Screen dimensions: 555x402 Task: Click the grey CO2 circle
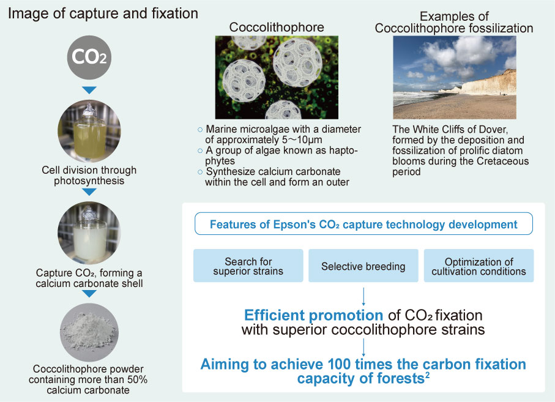tap(89, 58)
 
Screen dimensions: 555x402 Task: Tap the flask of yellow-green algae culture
tap(89, 131)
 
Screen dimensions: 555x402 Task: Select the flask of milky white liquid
tap(89, 233)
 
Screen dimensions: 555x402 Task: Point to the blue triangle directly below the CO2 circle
tap(89, 90)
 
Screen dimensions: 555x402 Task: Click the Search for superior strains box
tap(248, 266)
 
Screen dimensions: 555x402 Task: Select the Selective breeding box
tap(363, 266)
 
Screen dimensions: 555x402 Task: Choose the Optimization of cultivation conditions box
tap(479, 266)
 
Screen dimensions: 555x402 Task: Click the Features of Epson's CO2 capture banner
tap(363, 224)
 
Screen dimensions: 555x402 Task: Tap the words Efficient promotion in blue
tap(313, 315)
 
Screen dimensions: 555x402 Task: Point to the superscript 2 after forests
tap(427, 374)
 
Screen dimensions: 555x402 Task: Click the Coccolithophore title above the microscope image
tap(277, 28)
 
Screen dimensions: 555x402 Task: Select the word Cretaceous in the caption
tap(502, 161)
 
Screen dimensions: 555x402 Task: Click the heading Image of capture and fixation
tap(103, 13)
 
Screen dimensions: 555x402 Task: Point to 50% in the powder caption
tap(136, 380)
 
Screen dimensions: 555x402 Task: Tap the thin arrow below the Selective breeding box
tap(363, 297)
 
